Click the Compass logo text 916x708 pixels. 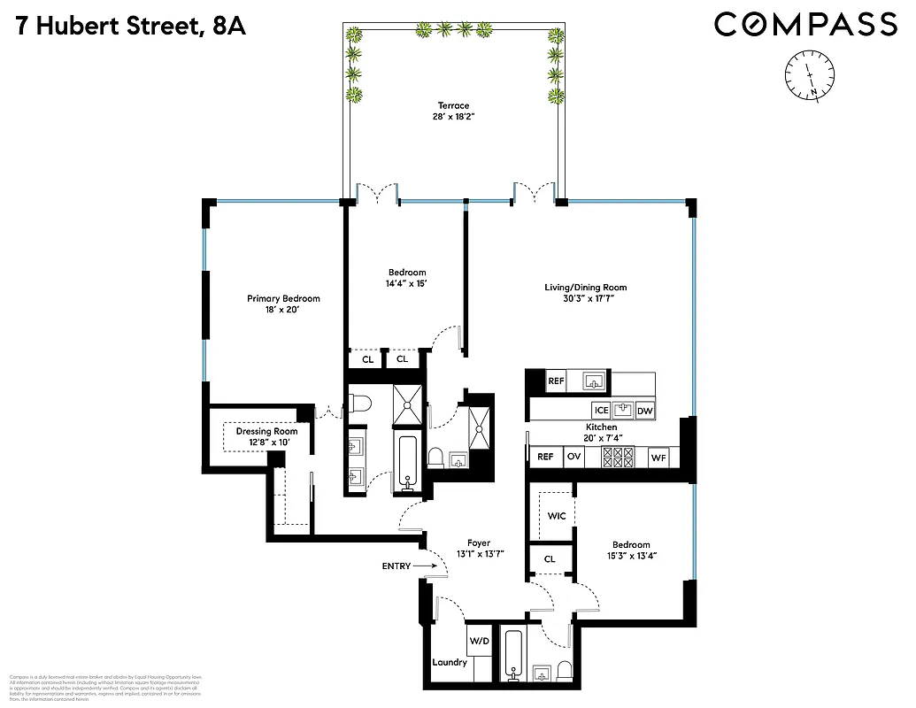(805, 24)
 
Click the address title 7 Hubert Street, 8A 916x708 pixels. (130, 26)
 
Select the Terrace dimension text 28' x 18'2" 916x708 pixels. (453, 118)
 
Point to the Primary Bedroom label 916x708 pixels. (283, 299)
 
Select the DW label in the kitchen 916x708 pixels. (644, 411)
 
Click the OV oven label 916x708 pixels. (573, 458)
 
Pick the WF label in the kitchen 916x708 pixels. (658, 458)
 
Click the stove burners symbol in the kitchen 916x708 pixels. (618, 457)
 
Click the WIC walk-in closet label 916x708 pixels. (557, 516)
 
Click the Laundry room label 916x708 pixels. (450, 662)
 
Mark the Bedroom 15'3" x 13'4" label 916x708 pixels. (631, 550)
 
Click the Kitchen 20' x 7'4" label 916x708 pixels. (601, 433)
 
